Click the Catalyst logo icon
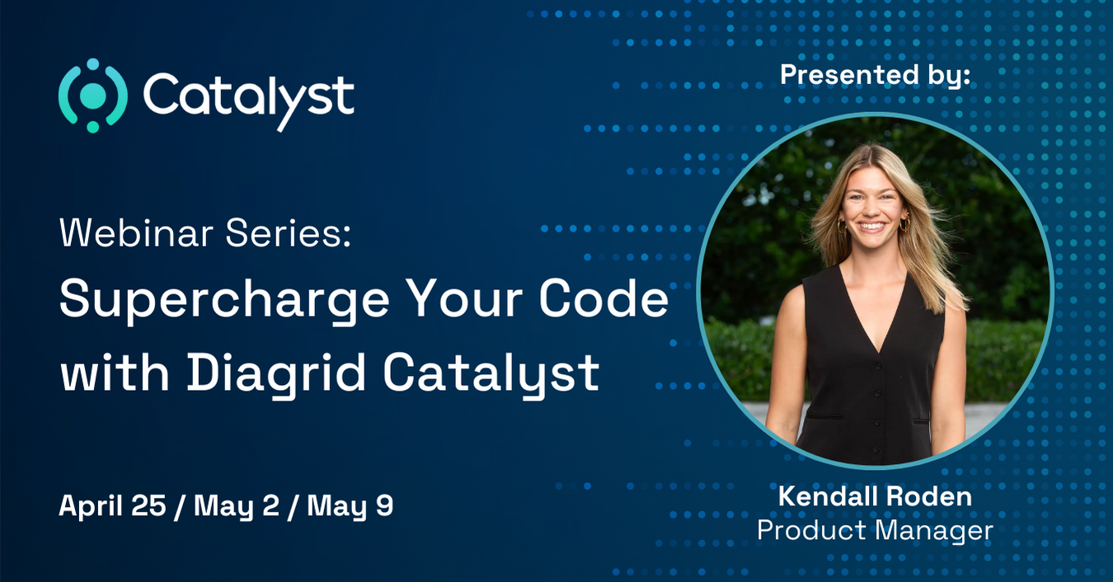(92, 96)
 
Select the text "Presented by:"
(875, 74)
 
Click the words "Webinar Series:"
(205, 235)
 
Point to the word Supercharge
(223, 302)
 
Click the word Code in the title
(603, 300)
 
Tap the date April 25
(113, 506)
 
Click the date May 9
(350, 506)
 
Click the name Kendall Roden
(875, 496)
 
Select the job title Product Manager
(875, 530)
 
